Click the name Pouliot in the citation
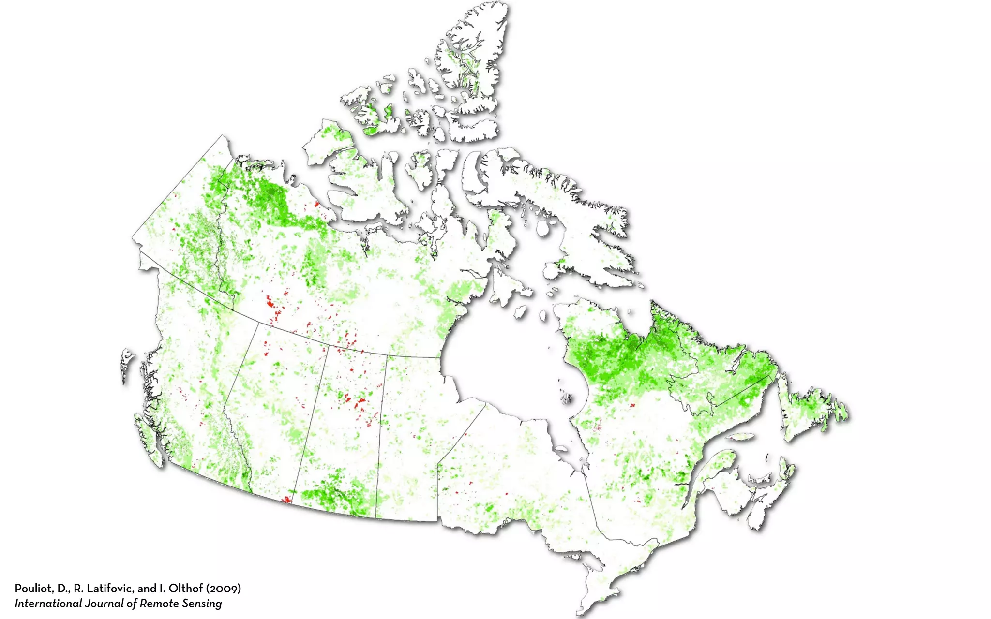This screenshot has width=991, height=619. click(x=33, y=589)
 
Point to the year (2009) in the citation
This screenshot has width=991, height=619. click(x=224, y=589)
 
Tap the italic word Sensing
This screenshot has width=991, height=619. click(x=203, y=604)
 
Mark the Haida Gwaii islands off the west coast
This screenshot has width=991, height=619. click(x=126, y=363)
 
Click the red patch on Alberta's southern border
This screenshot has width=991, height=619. click(x=287, y=499)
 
